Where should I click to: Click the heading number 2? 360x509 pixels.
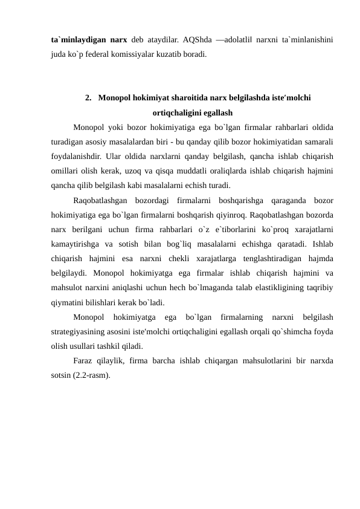(x=89, y=98)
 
